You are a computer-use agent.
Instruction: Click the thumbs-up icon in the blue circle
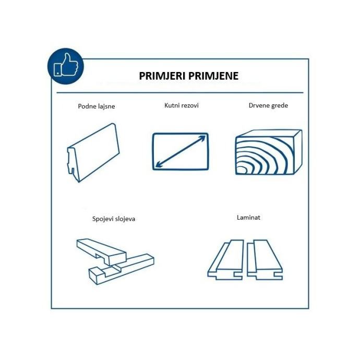point(66,65)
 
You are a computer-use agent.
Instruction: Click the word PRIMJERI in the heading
point(164,76)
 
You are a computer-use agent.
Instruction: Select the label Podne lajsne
point(97,106)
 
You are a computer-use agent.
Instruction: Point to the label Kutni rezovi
point(182,105)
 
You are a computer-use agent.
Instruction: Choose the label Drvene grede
point(268,105)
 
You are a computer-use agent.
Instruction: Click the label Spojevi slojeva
point(114,219)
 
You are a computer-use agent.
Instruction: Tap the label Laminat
point(248,218)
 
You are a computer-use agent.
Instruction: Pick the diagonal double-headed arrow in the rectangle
point(181,151)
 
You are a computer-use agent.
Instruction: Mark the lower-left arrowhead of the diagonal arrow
point(158,165)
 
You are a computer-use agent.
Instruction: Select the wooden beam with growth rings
point(269,152)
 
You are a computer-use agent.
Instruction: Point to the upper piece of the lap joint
point(102,252)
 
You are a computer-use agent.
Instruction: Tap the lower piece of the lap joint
point(122,269)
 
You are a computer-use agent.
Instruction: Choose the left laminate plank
point(226,260)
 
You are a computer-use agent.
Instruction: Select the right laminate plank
point(265,260)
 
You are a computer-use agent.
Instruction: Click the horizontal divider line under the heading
point(180,93)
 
